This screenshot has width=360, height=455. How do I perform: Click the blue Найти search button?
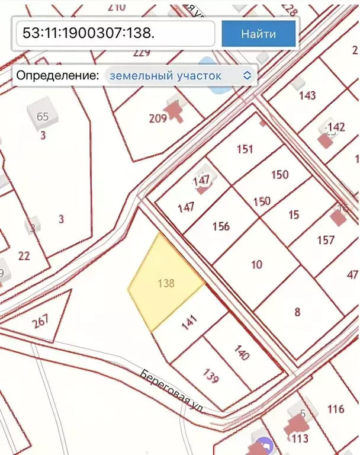coord(258,33)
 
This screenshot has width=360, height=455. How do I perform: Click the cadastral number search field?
coord(115,33)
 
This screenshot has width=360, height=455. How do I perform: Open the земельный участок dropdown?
coord(181,75)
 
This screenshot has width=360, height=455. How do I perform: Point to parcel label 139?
coord(211,375)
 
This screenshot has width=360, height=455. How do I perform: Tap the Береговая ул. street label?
coord(172,391)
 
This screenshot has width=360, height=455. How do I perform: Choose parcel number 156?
coord(220,226)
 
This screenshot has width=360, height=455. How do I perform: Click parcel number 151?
coord(245,149)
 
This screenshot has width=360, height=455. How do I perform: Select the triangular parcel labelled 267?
coord(40,322)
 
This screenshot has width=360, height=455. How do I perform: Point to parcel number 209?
coord(157,118)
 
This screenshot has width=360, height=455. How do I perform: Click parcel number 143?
coord(307,95)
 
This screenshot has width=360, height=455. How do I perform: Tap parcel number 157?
coord(326,239)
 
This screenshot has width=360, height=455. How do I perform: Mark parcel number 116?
coord(335,409)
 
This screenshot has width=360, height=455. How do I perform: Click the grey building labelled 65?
coord(43,116)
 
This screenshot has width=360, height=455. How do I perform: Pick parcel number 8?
coord(297,312)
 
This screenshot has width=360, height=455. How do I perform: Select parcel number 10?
coord(256,264)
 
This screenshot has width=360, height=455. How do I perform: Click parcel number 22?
coord(24,255)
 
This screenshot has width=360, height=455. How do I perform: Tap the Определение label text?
coord(57,75)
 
